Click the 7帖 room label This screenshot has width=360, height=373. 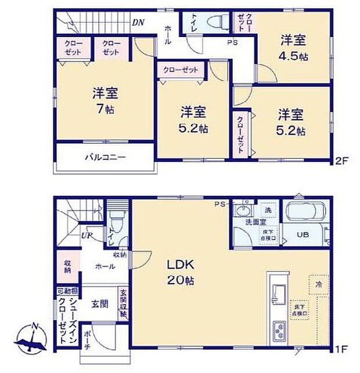pos(105,101)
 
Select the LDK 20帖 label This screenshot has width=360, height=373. pos(181,272)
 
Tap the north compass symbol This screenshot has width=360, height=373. pos(34,339)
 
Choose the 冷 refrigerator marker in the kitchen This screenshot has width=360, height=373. pos(318,284)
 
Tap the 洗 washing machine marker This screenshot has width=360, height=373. pos(268,209)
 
